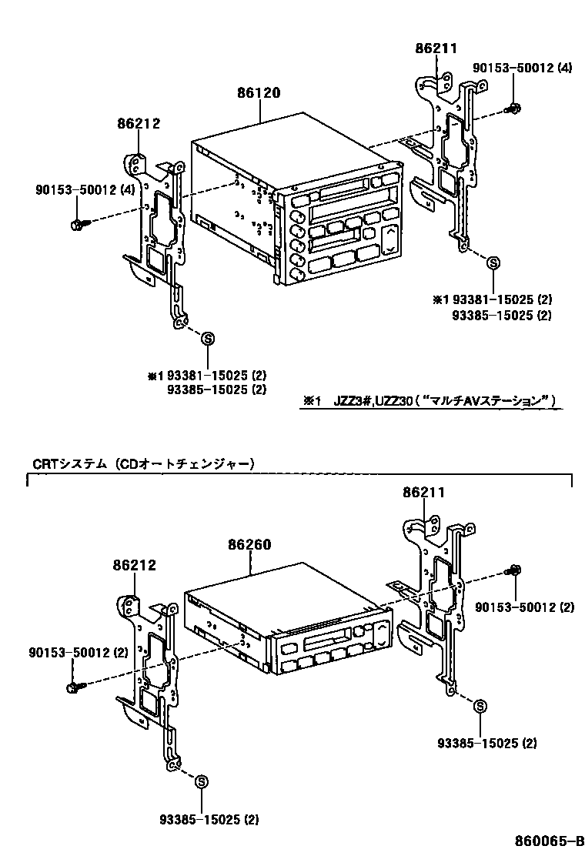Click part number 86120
(259, 93)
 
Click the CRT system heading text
(143, 463)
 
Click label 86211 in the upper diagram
(436, 48)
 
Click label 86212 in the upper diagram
(139, 122)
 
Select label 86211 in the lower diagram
(424, 491)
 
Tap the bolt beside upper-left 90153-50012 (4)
(78, 224)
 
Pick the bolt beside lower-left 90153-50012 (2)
(73, 685)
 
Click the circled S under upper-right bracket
(493, 263)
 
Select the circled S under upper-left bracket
(206, 337)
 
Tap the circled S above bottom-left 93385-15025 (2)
(200, 782)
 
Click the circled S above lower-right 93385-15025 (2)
(479, 705)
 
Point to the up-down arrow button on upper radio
(390, 239)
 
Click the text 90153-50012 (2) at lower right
(524, 607)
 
